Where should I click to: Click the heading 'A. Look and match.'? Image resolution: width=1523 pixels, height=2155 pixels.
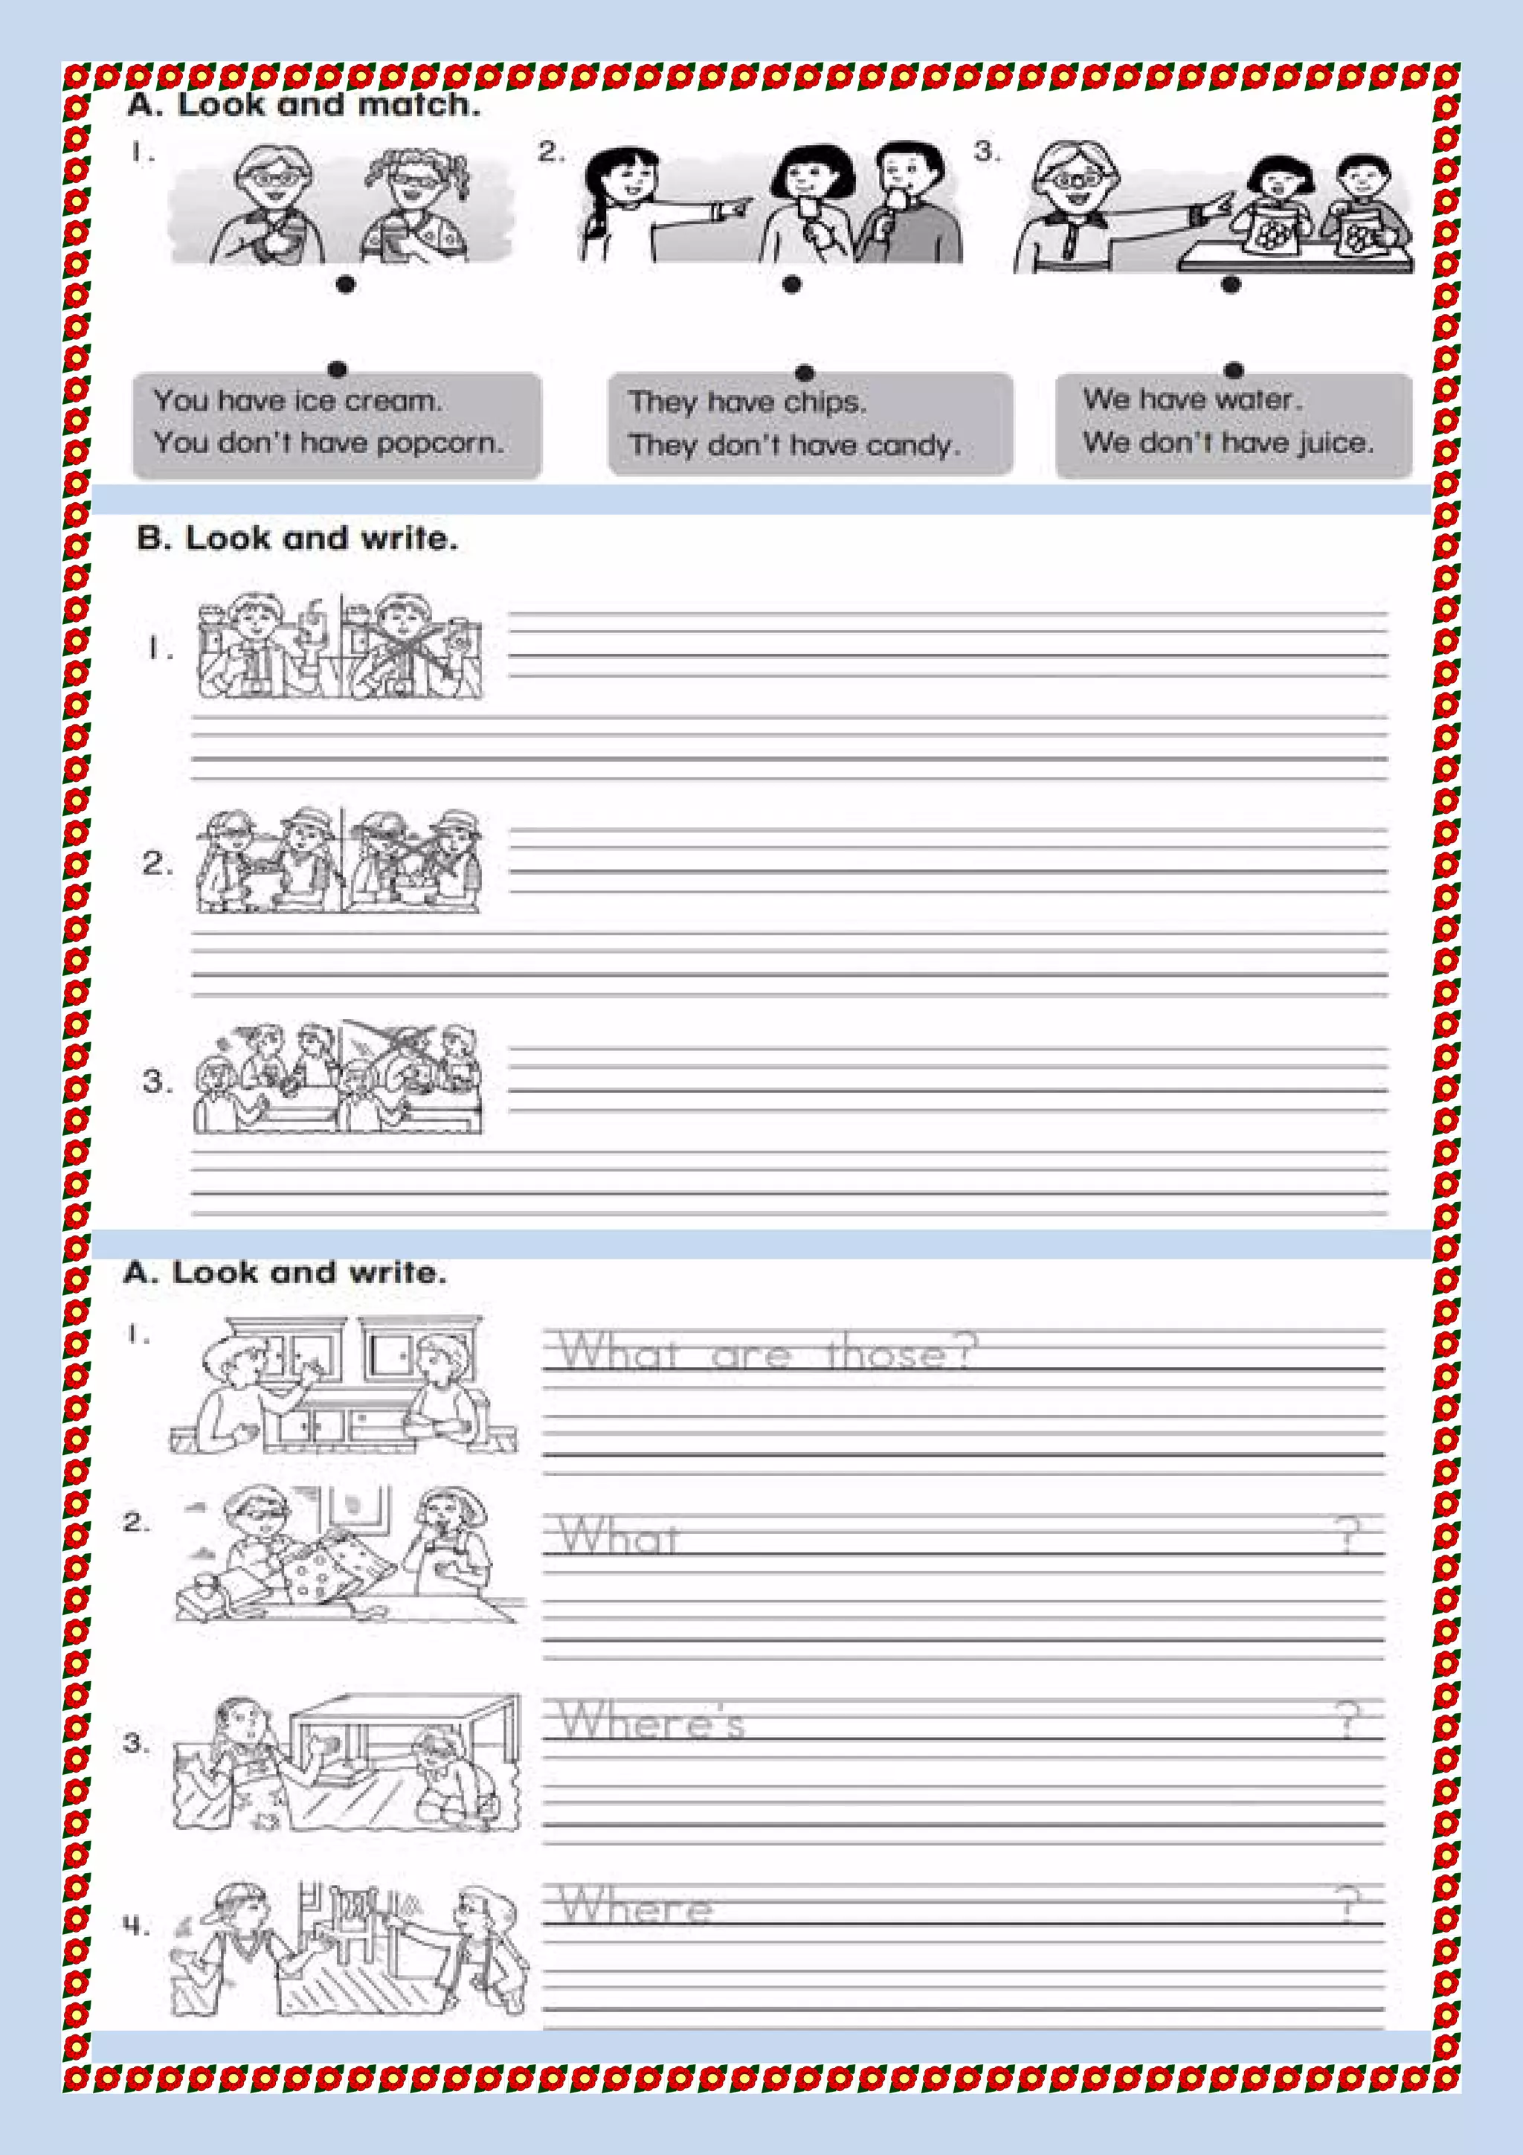(303, 104)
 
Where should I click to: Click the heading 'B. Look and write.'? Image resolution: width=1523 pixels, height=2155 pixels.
(297, 539)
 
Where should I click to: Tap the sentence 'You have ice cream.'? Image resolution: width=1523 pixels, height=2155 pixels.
(297, 401)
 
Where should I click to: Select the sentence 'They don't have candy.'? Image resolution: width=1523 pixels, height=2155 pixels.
(794, 444)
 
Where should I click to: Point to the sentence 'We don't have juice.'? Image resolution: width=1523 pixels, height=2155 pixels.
(1228, 441)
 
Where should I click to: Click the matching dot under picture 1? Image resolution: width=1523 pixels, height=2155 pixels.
(345, 283)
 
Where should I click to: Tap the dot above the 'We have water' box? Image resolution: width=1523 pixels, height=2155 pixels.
(1234, 370)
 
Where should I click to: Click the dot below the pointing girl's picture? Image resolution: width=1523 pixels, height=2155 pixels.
(792, 283)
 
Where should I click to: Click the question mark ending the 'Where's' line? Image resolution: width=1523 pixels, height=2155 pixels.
(1347, 1721)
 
